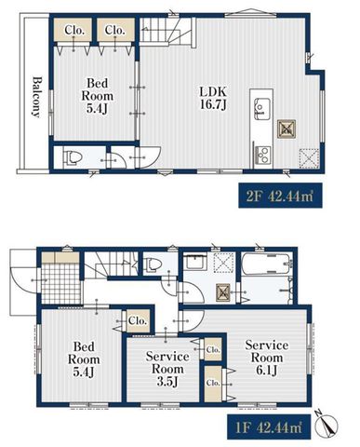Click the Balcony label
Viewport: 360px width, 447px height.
[x=36, y=97]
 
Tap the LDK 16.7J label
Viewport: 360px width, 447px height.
[x=213, y=98]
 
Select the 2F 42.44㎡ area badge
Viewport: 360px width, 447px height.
[x=280, y=196]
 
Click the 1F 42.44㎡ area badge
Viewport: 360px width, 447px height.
[x=269, y=427]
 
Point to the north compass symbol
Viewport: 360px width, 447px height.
[x=327, y=425]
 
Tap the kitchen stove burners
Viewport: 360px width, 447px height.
[x=262, y=155]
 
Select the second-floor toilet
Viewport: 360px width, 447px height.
[x=73, y=157]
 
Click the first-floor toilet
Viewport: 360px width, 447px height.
[x=153, y=264]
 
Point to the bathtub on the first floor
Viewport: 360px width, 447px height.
[x=267, y=264]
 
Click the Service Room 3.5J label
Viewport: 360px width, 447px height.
[x=167, y=369]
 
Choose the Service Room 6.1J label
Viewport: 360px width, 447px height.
[x=267, y=358]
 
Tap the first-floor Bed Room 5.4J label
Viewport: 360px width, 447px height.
[x=84, y=359]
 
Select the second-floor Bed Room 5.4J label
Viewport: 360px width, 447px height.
[x=97, y=96]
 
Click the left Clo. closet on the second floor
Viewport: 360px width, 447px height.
[x=74, y=30]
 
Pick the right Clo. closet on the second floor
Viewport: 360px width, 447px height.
[x=115, y=30]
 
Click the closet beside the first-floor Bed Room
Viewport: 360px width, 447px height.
[x=138, y=321]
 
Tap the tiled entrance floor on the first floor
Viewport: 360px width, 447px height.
[x=60, y=283]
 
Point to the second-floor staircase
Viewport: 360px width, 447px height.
[x=166, y=30]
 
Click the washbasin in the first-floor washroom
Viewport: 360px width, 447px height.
[x=195, y=264]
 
